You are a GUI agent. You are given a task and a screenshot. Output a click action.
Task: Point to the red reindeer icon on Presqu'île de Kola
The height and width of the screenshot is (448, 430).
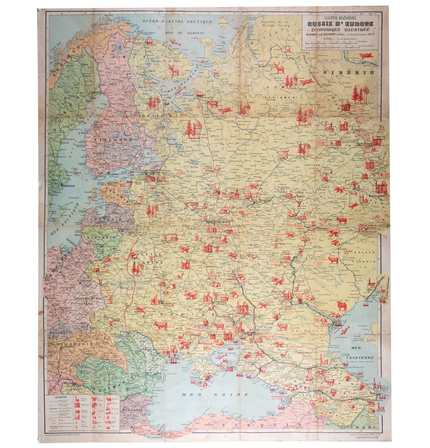pos(174,71)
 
